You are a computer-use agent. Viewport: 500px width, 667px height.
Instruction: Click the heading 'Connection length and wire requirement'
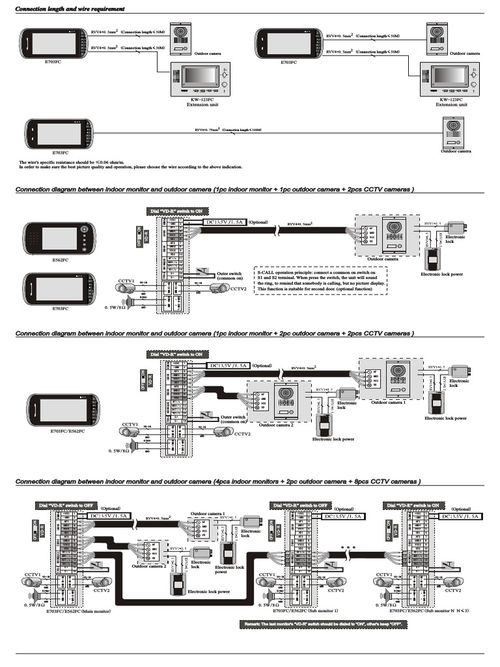click(x=70, y=9)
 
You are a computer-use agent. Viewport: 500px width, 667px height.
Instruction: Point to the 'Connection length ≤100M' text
click(x=242, y=130)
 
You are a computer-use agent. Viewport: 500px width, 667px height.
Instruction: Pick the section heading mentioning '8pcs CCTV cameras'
click(x=217, y=481)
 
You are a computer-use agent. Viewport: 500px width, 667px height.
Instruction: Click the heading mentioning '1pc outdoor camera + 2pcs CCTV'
click(x=215, y=190)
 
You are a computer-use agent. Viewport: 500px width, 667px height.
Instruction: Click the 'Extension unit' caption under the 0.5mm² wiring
click(x=452, y=104)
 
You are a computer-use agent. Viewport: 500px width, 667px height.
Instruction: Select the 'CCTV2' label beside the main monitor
click(x=101, y=590)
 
